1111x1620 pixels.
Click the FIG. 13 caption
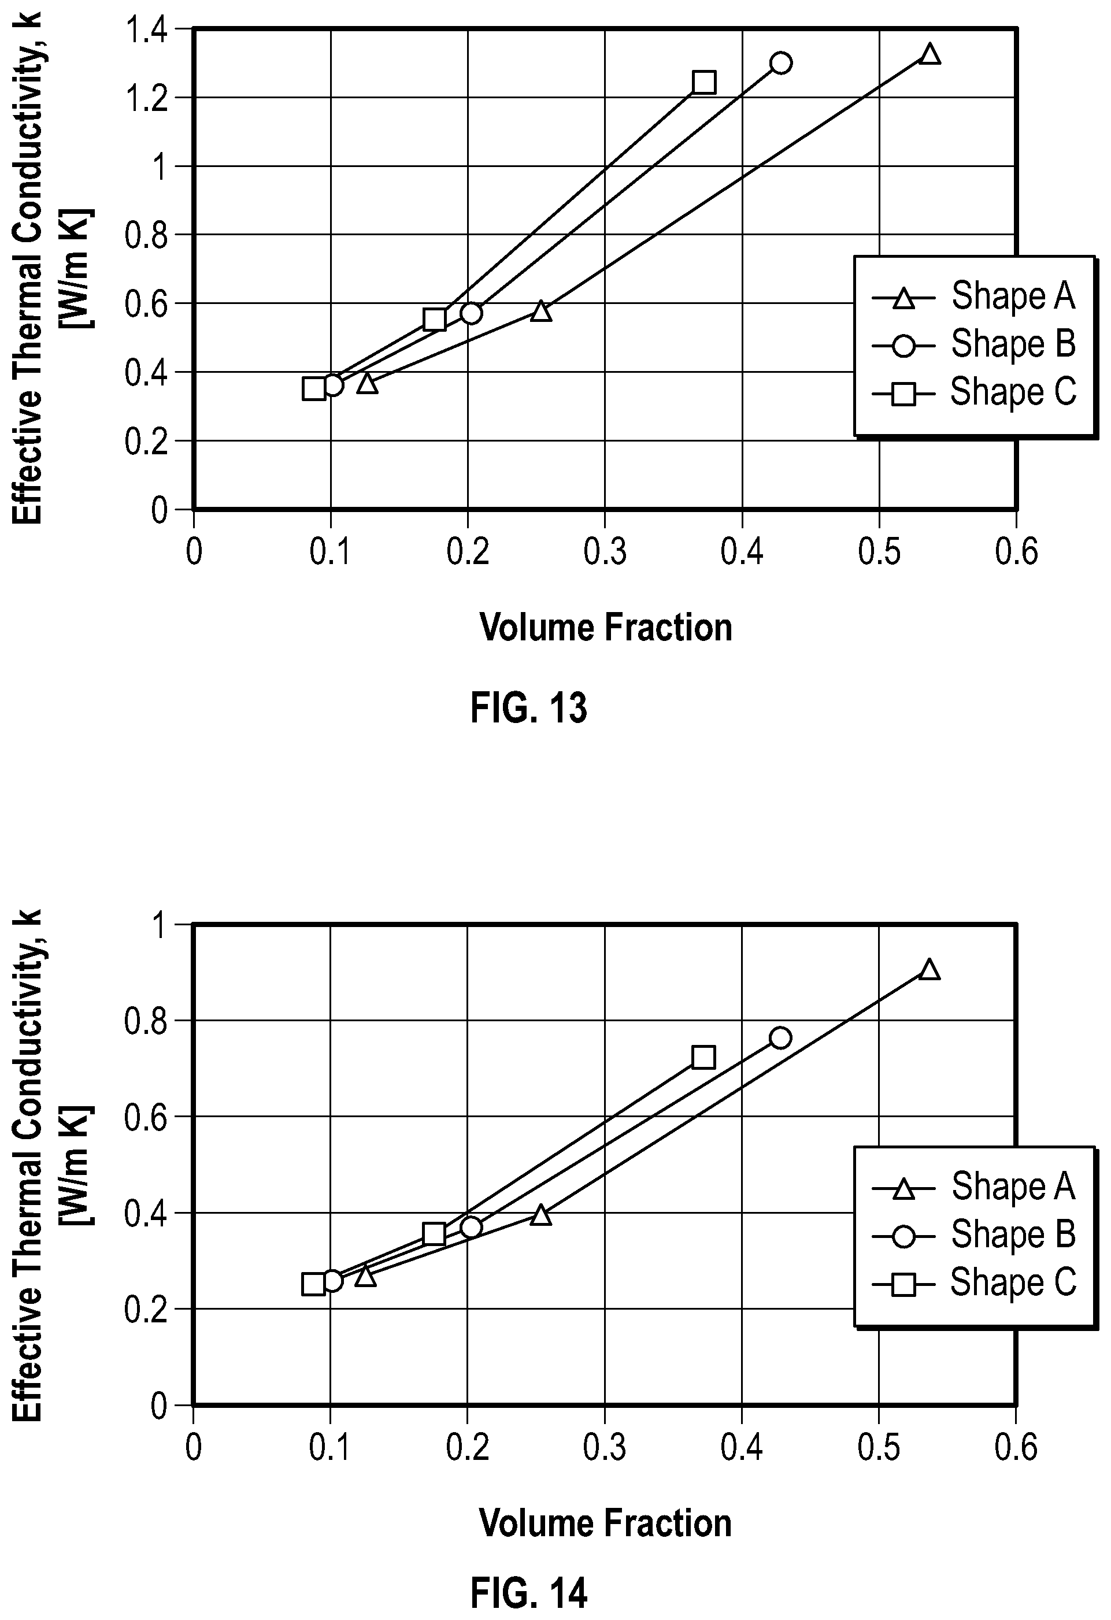(x=529, y=708)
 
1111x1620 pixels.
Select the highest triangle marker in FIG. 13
(x=929, y=54)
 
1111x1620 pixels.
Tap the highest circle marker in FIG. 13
(x=782, y=63)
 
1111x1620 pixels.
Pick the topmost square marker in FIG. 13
(x=704, y=82)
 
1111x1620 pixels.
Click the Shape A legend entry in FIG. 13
(x=973, y=297)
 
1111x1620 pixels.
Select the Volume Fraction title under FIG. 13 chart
(x=606, y=627)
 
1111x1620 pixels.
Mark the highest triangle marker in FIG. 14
(x=929, y=969)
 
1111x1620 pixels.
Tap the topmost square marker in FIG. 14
(x=703, y=1058)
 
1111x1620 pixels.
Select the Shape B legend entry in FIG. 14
(x=973, y=1235)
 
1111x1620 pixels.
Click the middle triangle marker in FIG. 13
(x=541, y=311)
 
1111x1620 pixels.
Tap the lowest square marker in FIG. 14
(x=314, y=1284)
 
